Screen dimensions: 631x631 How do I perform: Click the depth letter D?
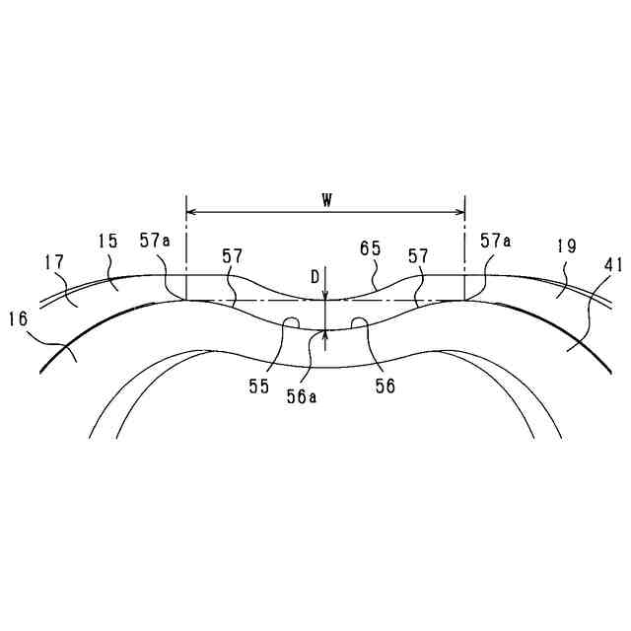pyautogui.click(x=315, y=277)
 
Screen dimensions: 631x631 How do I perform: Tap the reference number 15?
pyautogui.click(x=108, y=240)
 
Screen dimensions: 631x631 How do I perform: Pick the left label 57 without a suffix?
pyautogui.click(x=232, y=256)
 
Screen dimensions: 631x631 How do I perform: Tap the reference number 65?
pyautogui.click(x=370, y=250)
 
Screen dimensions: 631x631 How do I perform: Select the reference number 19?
pyautogui.click(x=566, y=246)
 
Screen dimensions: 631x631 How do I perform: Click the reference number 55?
pyautogui.click(x=258, y=387)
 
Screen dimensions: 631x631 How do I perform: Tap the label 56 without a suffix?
pyautogui.click(x=385, y=387)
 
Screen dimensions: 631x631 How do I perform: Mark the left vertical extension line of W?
pyautogui.click(x=186, y=246)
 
